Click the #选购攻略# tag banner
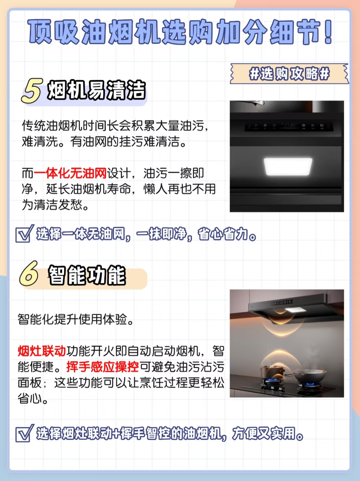[x=289, y=74]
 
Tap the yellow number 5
[x=32, y=91]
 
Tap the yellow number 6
[x=29, y=273]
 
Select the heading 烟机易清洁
[x=96, y=90]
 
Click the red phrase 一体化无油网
[x=70, y=173]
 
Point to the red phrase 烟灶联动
[x=42, y=351]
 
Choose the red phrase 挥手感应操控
[x=102, y=367]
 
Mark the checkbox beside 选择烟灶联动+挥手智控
[x=24, y=433]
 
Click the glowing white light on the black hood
[x=288, y=167]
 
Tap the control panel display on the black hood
[x=289, y=126]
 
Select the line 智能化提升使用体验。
[x=75, y=319]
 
